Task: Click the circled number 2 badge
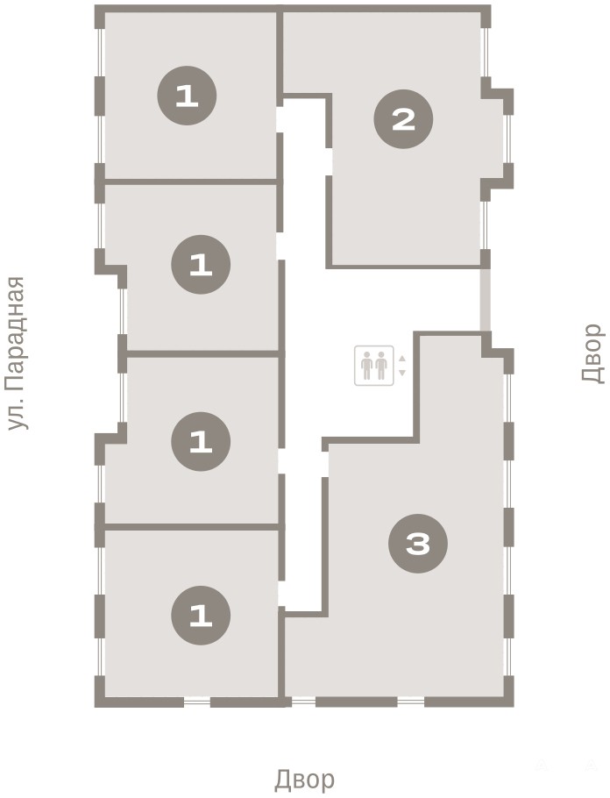click(403, 119)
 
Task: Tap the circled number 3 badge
click(418, 544)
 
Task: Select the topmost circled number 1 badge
click(187, 96)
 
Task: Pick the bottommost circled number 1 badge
click(201, 616)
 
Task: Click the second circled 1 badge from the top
click(201, 264)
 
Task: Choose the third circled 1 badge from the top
click(201, 441)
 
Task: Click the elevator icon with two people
click(374, 366)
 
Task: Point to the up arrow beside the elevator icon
click(402, 359)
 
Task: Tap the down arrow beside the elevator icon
click(402, 373)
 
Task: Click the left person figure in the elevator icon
click(366, 366)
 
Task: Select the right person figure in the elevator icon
click(381, 366)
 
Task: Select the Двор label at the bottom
click(305, 779)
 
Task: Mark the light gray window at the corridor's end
click(486, 300)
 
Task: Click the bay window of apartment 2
click(507, 139)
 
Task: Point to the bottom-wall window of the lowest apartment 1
click(197, 702)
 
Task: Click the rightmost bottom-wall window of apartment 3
click(410, 702)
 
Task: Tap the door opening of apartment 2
click(329, 161)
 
